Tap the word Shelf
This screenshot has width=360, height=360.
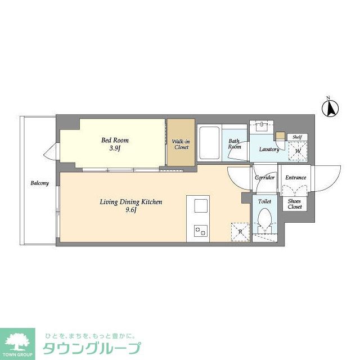point(296,137)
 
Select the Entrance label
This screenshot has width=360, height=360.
point(295,178)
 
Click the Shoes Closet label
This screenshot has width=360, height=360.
point(295,204)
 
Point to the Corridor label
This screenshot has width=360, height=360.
point(264,178)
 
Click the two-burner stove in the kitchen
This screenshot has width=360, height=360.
point(201,231)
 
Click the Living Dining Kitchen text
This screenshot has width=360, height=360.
point(130,201)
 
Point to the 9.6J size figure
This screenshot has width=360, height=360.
point(131,210)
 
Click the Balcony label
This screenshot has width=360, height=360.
point(39,183)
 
